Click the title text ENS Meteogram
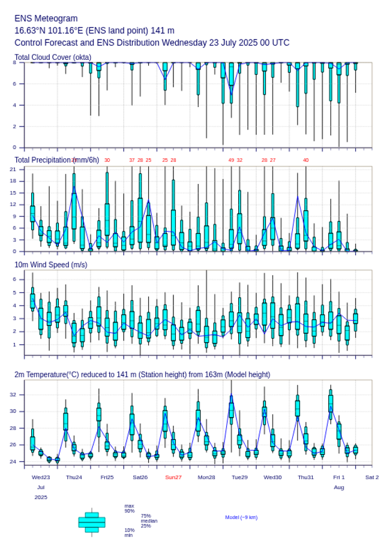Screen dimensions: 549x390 pos(46,19)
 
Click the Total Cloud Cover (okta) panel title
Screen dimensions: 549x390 pos(53,57)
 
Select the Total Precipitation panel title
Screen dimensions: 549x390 pos(56,159)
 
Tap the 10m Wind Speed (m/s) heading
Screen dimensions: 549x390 pos(50,264)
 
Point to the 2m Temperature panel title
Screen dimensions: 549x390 pos(142,375)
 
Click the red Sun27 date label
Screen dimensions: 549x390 pos(173,477)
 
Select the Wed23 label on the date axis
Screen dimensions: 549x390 pos(41,477)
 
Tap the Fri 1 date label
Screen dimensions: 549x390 pos(339,477)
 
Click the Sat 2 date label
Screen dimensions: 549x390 pos(372,477)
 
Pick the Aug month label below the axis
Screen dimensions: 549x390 pos(339,487)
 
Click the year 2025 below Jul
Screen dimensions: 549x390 pos(41,497)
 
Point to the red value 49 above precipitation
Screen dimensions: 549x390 pos(231,160)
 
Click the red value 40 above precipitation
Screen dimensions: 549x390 pos(305,160)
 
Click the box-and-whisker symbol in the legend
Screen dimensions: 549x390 pos(92,522)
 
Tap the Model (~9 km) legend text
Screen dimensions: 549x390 pos(241,517)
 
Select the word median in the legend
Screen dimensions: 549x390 pos(149,521)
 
